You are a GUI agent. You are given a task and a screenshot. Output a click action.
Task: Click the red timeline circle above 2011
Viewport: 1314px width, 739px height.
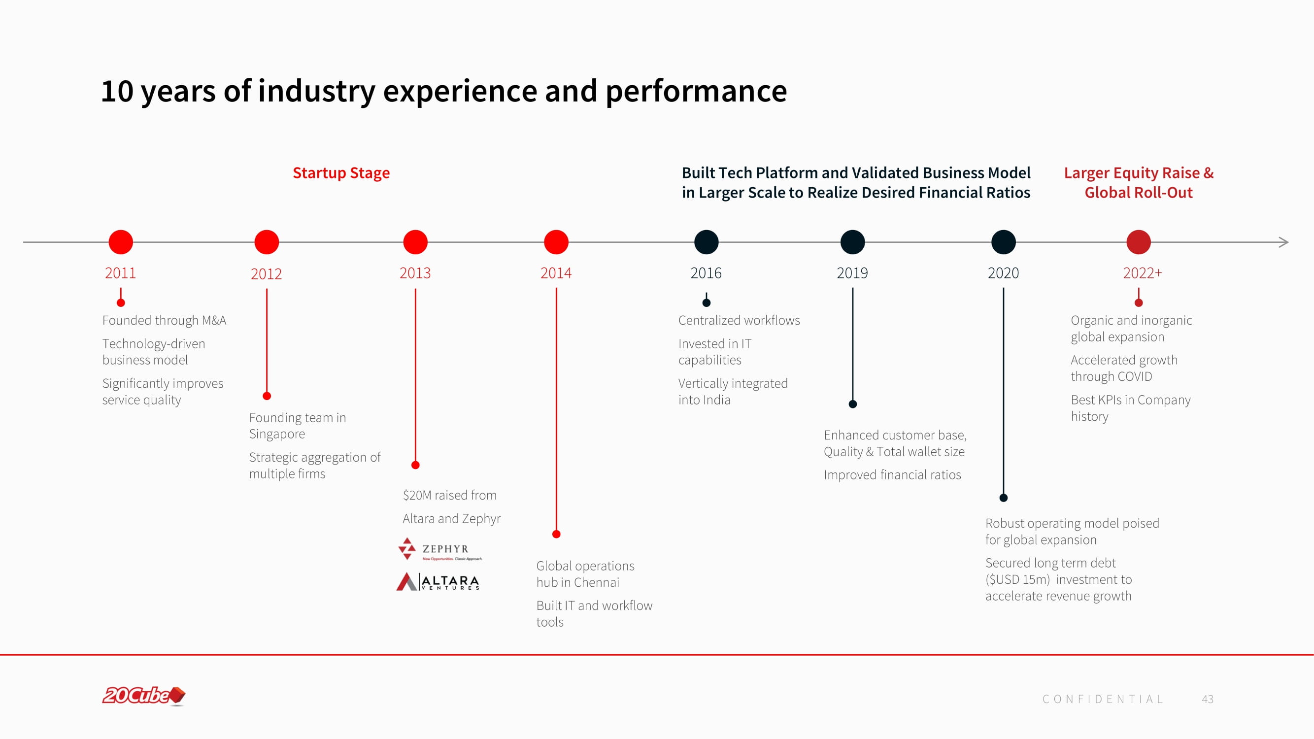coord(121,242)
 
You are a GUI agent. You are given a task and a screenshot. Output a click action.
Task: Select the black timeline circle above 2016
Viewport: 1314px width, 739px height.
coord(707,242)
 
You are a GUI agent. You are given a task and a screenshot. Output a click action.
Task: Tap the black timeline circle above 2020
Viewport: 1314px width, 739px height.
coord(1003,242)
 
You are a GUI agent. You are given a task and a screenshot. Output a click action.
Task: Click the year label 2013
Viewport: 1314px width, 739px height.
coord(415,273)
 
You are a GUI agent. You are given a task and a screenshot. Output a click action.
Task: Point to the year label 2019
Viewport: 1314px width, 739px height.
coord(852,273)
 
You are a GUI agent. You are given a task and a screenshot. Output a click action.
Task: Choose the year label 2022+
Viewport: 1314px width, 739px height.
coord(1143,273)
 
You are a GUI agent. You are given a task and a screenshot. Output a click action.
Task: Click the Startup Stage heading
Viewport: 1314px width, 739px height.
coord(341,173)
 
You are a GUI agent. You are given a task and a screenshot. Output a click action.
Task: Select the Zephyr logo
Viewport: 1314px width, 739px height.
coord(439,549)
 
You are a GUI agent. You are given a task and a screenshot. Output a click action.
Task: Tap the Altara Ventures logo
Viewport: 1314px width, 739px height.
coord(438,581)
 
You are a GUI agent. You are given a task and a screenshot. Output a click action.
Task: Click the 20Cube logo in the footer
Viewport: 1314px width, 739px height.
coord(144,696)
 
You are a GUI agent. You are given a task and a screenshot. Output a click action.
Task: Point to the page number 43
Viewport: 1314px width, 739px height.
coord(1208,699)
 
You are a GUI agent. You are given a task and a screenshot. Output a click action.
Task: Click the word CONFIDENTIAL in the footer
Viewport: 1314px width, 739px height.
coord(1103,699)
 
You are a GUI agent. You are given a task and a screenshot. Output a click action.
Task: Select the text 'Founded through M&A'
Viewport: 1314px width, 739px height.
coord(164,320)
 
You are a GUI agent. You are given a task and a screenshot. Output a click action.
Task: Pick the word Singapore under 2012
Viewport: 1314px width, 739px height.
coord(277,434)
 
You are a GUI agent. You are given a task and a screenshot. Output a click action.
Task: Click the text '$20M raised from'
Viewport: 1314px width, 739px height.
coord(449,495)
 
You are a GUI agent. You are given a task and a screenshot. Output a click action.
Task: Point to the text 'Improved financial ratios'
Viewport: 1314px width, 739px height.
coord(892,475)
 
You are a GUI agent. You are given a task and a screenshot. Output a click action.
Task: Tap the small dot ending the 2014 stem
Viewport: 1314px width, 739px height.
coord(557,534)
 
